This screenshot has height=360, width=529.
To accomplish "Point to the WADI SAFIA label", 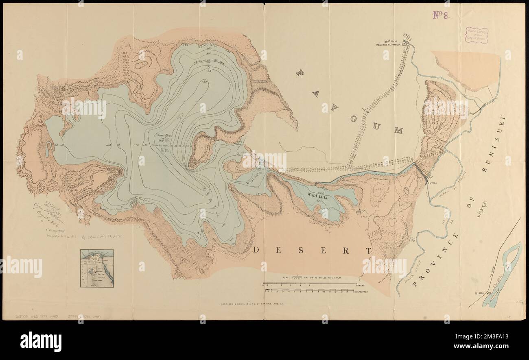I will point(254,178).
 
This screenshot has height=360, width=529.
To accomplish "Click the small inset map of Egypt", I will point(96,268).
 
